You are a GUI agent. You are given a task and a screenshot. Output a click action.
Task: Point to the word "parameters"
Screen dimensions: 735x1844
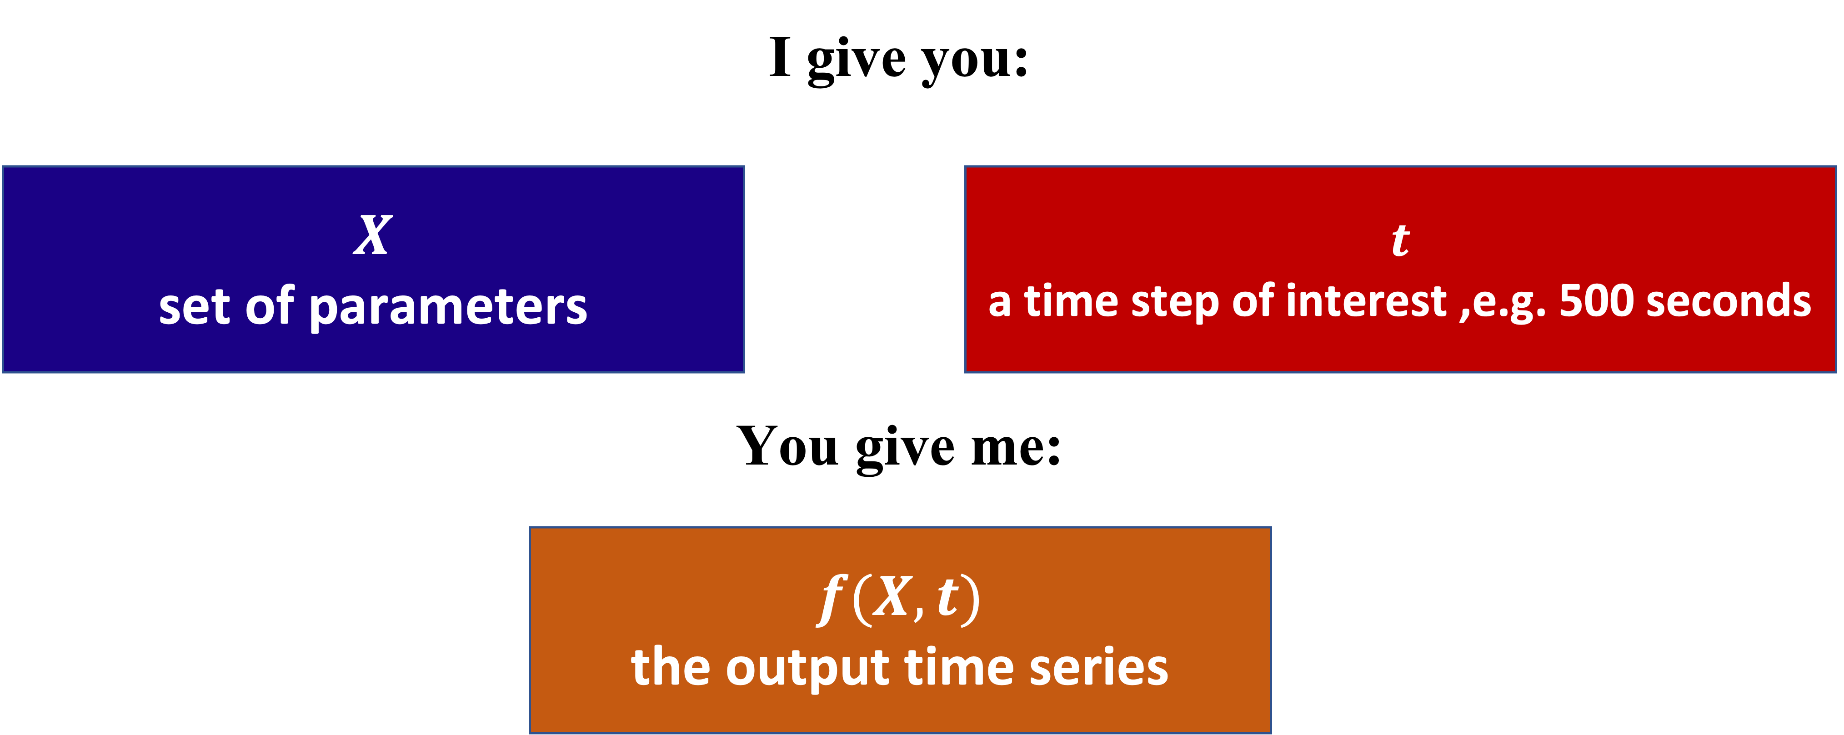(x=448, y=308)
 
